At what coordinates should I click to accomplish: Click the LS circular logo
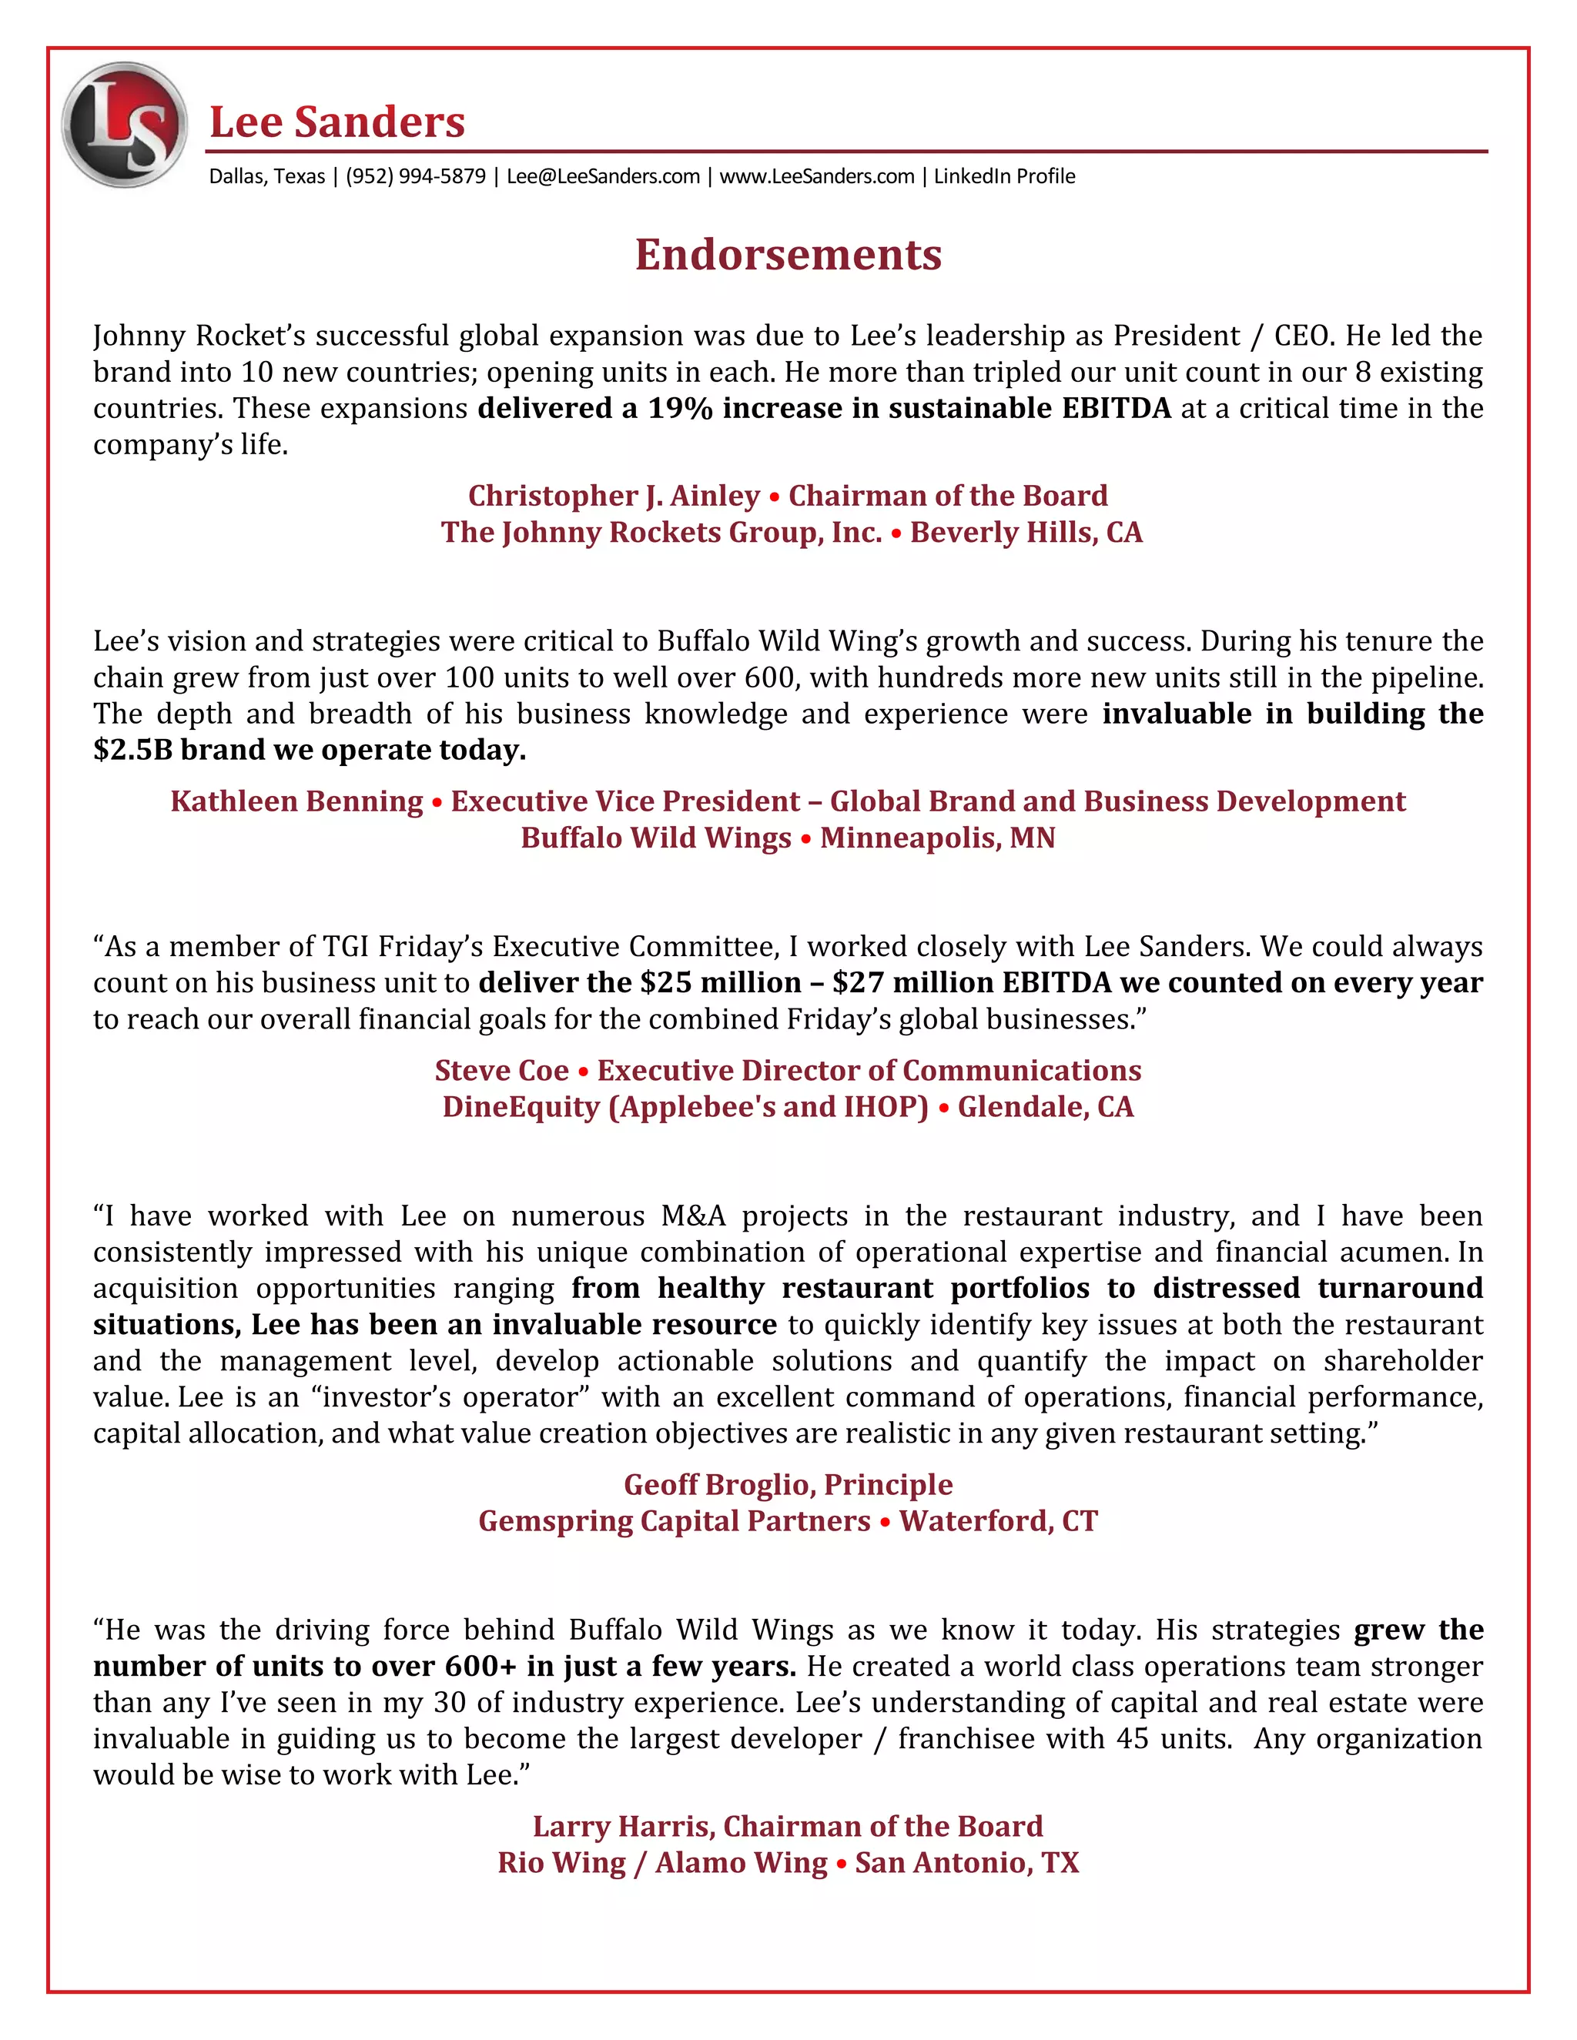[x=124, y=124]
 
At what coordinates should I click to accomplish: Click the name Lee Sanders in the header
[x=336, y=122]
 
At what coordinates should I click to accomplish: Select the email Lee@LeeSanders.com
[x=603, y=176]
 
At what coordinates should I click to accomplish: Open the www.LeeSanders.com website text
[x=816, y=176]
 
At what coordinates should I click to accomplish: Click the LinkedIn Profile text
[x=1004, y=176]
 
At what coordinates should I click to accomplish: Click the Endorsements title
[x=788, y=255]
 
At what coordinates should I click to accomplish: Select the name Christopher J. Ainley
[x=614, y=495]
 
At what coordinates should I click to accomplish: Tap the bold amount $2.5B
[x=132, y=749]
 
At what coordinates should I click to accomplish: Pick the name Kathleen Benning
[x=296, y=801]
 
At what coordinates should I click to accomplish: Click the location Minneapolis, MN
[x=937, y=837]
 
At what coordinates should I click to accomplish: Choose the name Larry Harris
[x=623, y=1825]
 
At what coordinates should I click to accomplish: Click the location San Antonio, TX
[x=966, y=1861]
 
